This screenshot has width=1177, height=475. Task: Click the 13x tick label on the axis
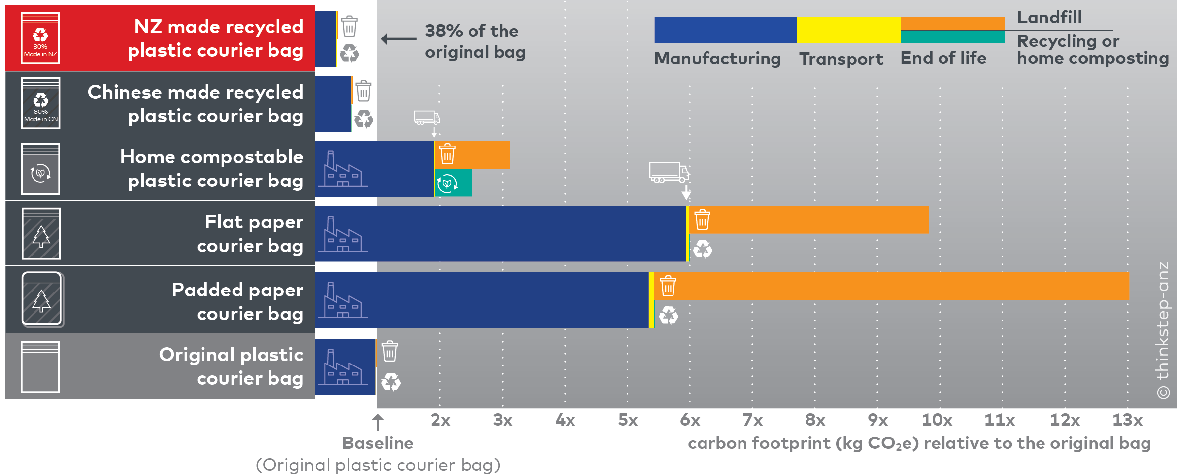coord(1127,420)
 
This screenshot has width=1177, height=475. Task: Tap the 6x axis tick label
coord(690,420)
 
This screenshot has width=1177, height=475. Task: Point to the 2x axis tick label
coord(440,420)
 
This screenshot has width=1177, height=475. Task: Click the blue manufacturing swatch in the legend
coord(725,30)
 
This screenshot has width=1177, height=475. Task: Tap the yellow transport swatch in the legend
coord(848,30)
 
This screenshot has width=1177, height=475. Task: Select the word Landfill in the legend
coord(1049,18)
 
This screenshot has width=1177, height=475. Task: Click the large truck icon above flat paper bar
coord(669,172)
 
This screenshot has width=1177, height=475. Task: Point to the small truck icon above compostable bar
coord(427,118)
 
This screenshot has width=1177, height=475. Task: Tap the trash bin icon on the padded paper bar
coord(668,286)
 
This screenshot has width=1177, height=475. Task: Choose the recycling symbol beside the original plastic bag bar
coord(391,382)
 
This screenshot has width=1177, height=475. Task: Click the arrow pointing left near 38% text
coord(399,38)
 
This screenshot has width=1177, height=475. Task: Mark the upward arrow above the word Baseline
coord(378,422)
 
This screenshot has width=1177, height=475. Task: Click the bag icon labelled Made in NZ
coord(40,38)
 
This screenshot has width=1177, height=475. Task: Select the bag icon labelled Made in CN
coord(40,103)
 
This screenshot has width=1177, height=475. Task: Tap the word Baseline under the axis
coord(378,443)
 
